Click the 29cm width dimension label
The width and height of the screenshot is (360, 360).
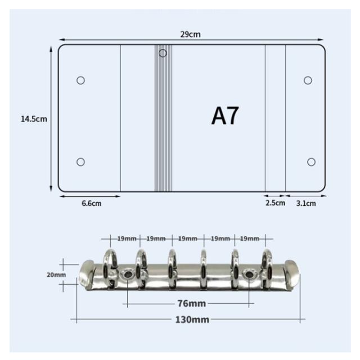click(x=190, y=34)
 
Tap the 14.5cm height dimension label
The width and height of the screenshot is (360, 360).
click(x=34, y=119)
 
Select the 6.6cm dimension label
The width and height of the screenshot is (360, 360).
click(x=91, y=203)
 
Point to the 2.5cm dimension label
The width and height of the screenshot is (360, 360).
click(x=275, y=203)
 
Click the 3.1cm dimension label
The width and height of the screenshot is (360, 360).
click(x=306, y=203)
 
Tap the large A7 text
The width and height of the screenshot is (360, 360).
click(x=225, y=116)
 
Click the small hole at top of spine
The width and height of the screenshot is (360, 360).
click(x=163, y=53)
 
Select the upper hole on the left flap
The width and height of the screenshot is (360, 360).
click(x=80, y=80)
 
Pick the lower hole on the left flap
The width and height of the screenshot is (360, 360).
click(x=80, y=162)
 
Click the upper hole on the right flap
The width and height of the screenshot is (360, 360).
click(x=308, y=80)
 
